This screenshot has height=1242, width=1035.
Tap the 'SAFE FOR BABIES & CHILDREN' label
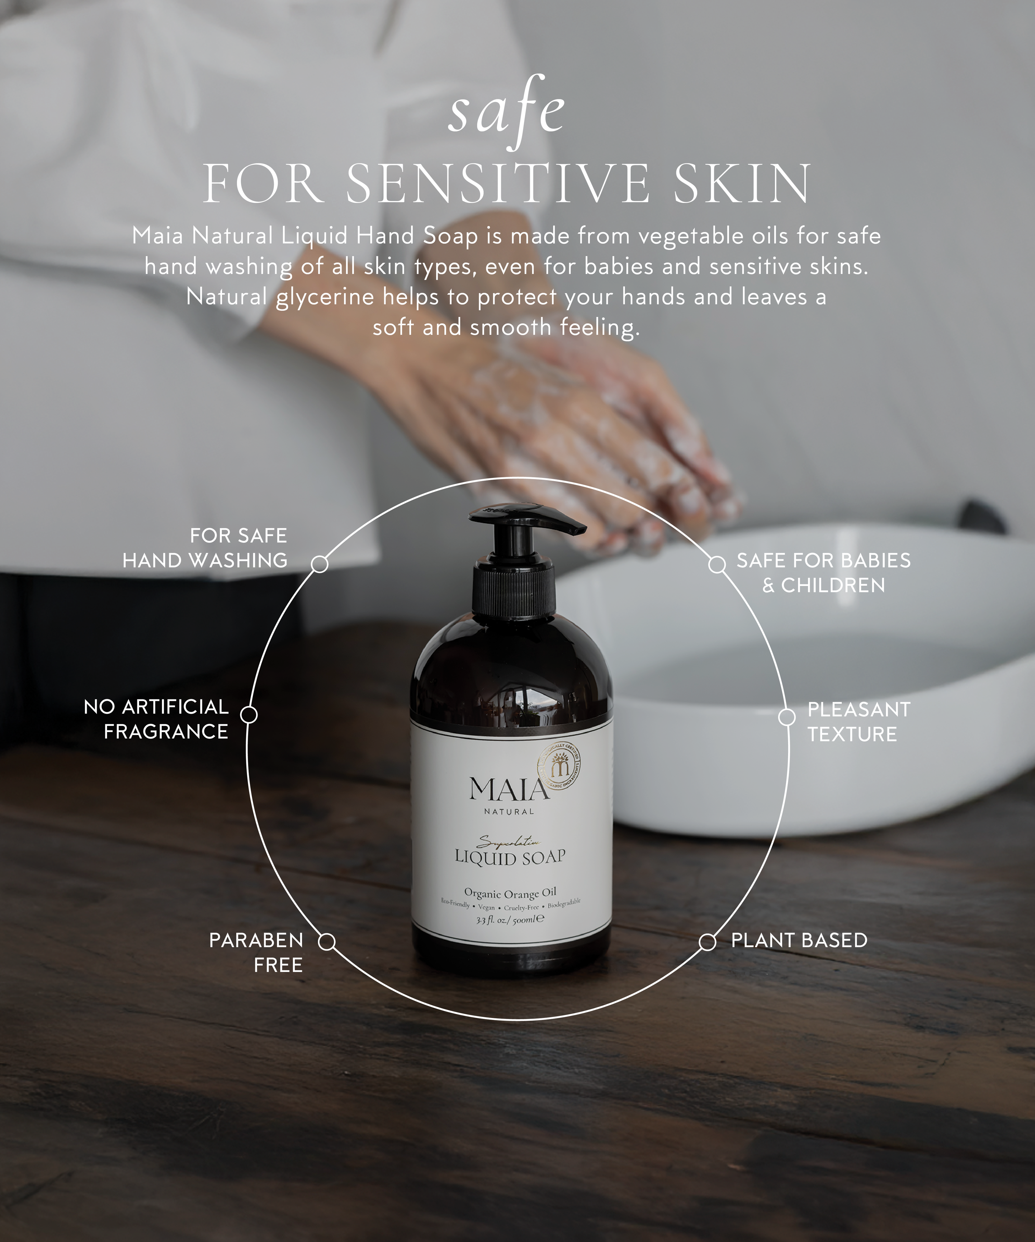823,572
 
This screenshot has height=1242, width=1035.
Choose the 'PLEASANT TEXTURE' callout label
859,722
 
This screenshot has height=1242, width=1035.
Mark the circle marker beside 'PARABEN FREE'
326,941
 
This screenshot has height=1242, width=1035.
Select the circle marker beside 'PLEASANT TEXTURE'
786,717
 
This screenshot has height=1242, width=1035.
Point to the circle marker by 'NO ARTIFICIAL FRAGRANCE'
249,715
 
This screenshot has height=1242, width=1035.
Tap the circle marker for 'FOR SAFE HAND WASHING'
319,564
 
